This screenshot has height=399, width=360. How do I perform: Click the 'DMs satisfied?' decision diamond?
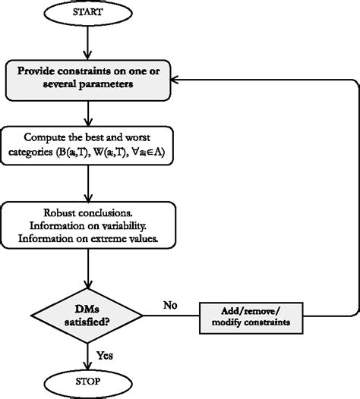90,313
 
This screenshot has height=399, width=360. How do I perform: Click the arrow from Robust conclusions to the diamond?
90,267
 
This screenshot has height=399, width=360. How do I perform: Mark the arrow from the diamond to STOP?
90,353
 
